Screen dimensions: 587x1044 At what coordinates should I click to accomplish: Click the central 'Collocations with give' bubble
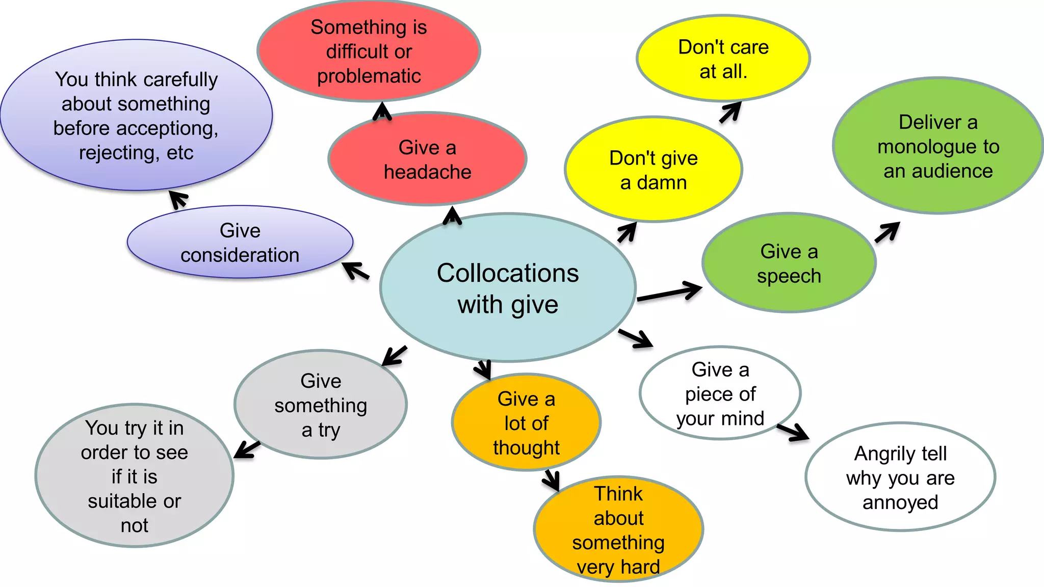click(x=508, y=288)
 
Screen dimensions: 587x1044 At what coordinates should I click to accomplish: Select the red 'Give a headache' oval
click(x=427, y=159)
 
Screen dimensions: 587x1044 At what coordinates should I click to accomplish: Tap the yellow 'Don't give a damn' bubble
click(x=653, y=170)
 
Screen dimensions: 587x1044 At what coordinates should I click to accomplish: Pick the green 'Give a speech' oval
click(x=789, y=263)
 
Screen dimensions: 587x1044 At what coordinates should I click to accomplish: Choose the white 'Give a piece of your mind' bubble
click(x=720, y=394)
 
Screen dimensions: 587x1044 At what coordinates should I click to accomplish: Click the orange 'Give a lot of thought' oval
click(x=526, y=423)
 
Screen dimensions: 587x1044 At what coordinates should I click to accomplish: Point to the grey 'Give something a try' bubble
click(x=321, y=405)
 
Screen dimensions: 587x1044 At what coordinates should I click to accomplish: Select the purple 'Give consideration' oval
click(x=240, y=243)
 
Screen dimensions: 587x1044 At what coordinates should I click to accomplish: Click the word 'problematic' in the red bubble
click(x=369, y=76)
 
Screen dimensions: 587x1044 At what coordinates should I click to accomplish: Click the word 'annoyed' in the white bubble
click(x=900, y=503)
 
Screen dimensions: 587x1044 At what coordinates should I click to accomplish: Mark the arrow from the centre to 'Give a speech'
click(x=669, y=292)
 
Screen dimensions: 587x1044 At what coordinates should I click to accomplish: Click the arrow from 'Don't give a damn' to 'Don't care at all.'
click(x=730, y=112)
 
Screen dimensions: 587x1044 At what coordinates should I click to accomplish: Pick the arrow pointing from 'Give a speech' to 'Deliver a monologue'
click(x=887, y=232)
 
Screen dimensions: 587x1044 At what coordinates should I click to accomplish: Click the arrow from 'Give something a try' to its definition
click(x=247, y=449)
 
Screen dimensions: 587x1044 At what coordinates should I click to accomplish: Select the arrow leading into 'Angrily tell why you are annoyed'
click(x=793, y=432)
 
